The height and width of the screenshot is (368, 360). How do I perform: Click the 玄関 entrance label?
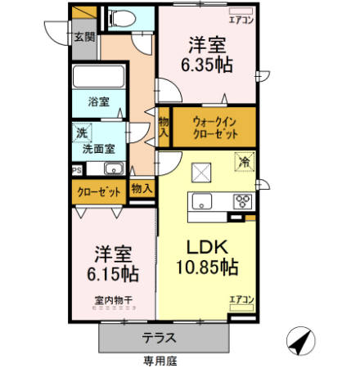tap(83, 38)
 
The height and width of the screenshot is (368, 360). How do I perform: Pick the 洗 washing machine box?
tap(82, 132)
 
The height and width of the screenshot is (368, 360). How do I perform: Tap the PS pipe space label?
tap(77, 170)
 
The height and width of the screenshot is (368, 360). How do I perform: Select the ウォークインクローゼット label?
tap(214, 128)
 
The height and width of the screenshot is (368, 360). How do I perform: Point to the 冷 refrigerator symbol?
tap(243, 161)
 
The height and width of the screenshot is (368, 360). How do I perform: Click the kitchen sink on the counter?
tap(201, 201)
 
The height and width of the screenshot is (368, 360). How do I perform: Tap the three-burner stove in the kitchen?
tap(243, 201)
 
